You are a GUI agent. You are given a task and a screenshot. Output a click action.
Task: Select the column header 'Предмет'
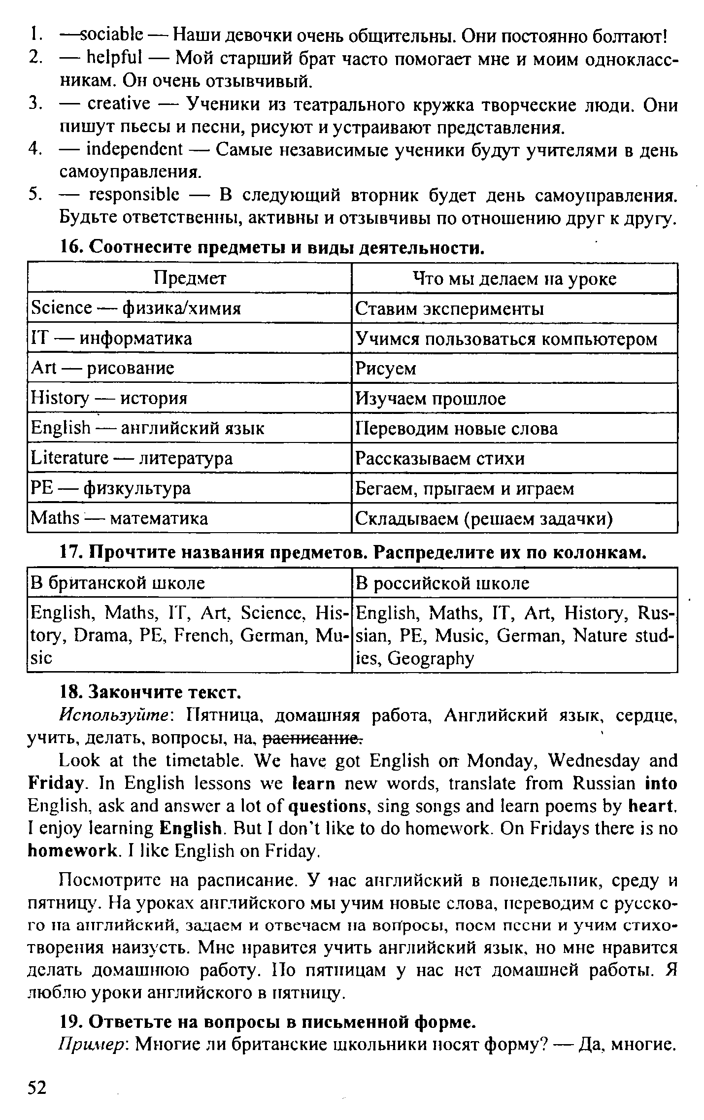[x=190, y=279]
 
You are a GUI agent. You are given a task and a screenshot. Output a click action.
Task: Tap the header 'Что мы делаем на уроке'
[x=514, y=279]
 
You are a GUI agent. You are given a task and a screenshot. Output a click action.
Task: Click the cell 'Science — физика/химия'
[x=136, y=308]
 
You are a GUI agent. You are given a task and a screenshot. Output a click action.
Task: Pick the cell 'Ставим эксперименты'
[x=450, y=309]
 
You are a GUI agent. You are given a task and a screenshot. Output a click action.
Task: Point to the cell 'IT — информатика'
[x=111, y=339]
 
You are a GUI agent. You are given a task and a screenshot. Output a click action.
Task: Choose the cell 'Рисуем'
[x=386, y=369]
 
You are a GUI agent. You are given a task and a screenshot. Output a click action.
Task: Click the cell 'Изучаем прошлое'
[x=431, y=398]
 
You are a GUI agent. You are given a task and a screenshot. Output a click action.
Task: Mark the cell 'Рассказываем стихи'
[x=440, y=459]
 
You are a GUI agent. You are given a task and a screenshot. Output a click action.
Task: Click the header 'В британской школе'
[x=118, y=583]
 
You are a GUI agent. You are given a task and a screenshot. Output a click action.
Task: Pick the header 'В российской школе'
[x=442, y=583]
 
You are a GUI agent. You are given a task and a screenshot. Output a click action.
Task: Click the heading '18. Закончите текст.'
[x=150, y=692]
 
